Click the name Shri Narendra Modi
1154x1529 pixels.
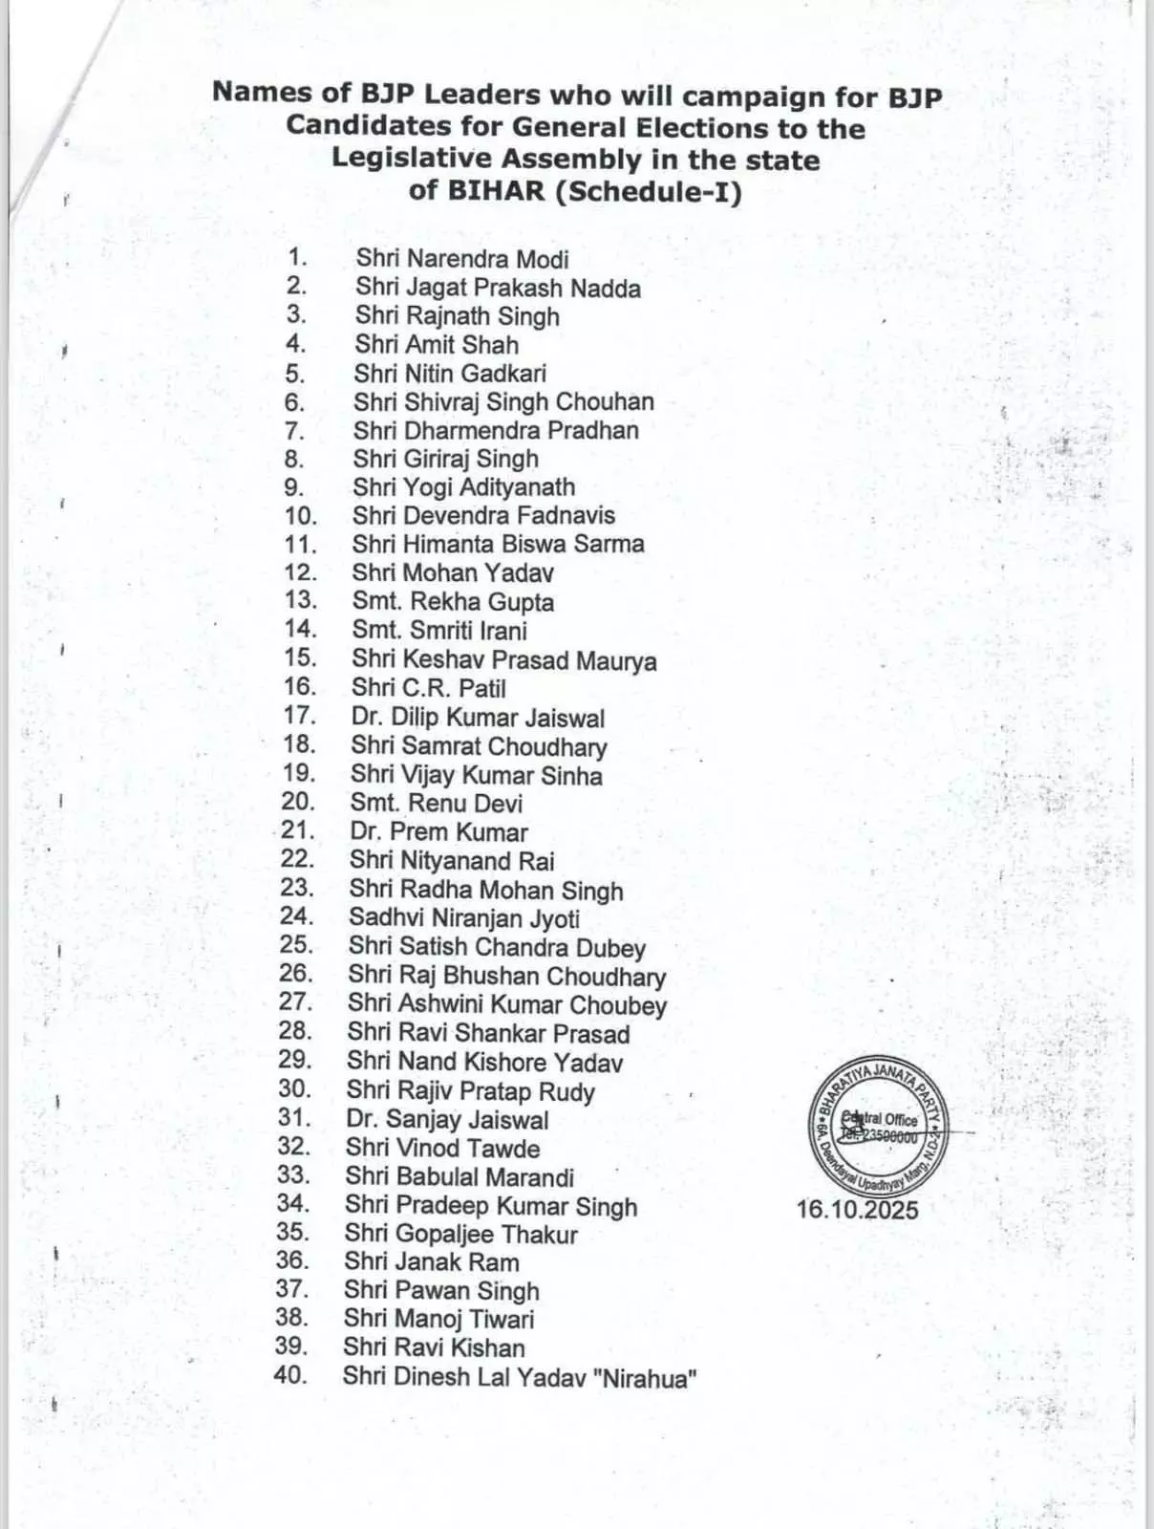click(462, 259)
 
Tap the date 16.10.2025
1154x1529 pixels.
click(857, 1210)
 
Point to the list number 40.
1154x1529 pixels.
click(290, 1376)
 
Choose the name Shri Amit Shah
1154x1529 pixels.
click(437, 345)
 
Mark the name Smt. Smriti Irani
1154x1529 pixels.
click(439, 631)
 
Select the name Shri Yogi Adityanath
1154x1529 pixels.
click(464, 487)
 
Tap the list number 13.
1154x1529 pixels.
click(300, 600)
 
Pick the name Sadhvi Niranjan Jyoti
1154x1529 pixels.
click(464, 918)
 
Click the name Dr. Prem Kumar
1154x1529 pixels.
click(438, 832)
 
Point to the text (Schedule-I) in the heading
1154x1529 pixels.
click(649, 192)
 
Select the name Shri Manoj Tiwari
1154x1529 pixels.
click(439, 1320)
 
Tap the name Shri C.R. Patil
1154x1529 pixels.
click(428, 688)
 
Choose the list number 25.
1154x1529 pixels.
click(296, 945)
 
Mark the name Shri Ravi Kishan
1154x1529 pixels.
click(435, 1348)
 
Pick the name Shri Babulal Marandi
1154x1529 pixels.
click(459, 1177)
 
